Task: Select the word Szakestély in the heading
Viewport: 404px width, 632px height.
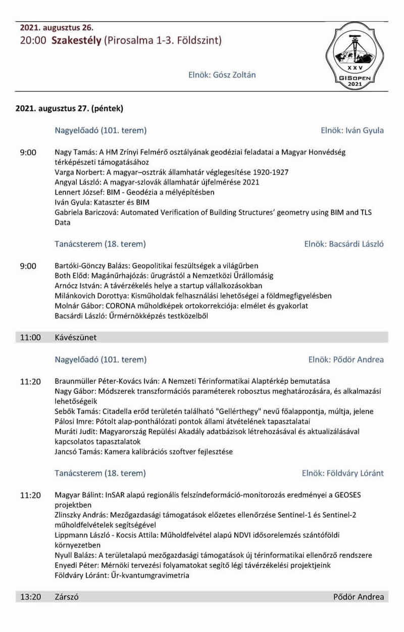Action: [x=76, y=40]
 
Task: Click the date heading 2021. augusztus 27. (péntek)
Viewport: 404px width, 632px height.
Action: [x=69, y=108]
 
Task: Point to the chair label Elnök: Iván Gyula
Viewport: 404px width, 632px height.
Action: [x=352, y=130]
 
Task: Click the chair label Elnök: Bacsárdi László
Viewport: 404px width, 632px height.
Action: [x=344, y=244]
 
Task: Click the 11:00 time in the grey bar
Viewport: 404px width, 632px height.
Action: [x=30, y=337]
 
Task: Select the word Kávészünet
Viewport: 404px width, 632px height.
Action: [x=76, y=337]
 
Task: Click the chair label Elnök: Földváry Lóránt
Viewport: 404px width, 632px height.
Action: [x=342, y=473]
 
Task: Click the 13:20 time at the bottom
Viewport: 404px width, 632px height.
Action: [x=30, y=597]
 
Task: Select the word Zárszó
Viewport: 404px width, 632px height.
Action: [x=67, y=597]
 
